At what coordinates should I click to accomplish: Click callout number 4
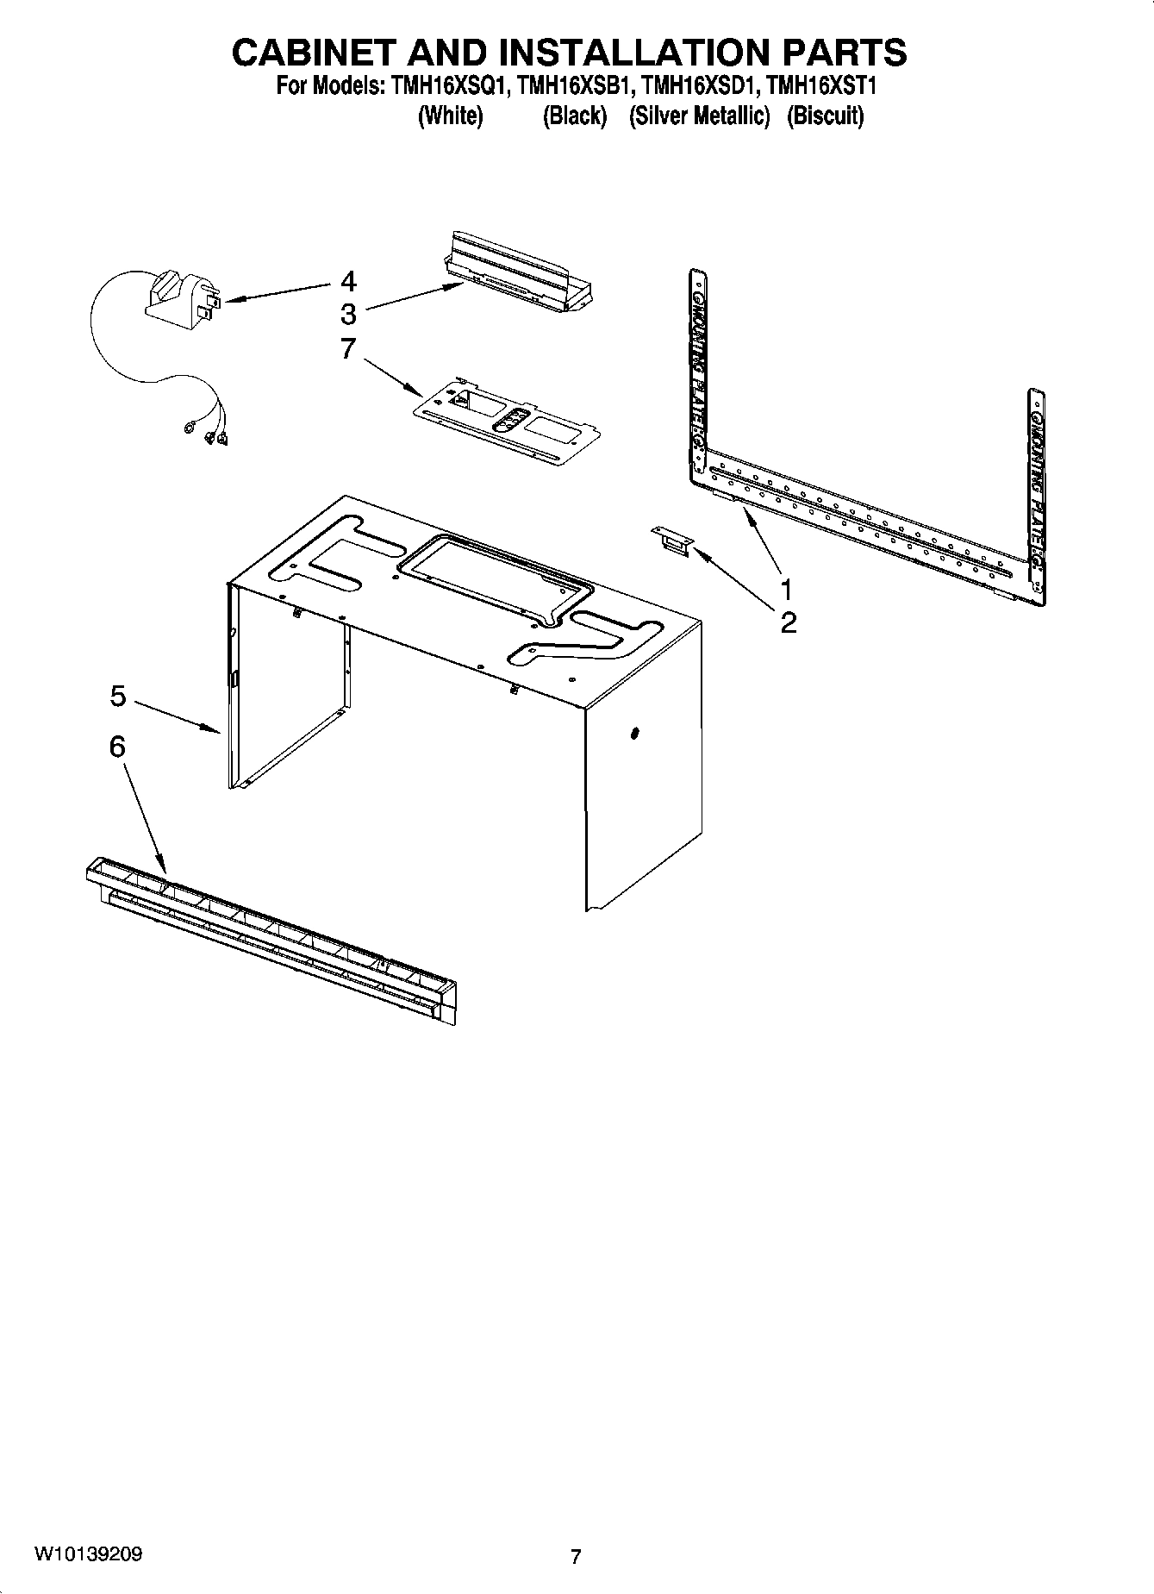pos(348,281)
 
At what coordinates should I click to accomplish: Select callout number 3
pos(348,313)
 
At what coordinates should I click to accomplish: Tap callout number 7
pos(348,349)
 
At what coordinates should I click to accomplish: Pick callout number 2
pos(788,622)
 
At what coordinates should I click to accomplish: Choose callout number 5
pos(118,696)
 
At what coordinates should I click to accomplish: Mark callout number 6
pos(117,747)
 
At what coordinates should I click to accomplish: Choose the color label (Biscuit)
pos(825,116)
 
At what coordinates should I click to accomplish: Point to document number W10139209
pos(89,1554)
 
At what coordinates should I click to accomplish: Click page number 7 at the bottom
pos(576,1556)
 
